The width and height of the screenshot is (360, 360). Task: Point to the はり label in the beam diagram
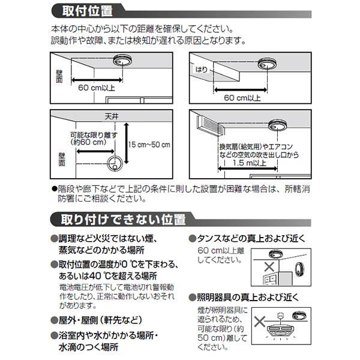202,70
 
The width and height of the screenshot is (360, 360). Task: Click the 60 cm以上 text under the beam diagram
242,97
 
